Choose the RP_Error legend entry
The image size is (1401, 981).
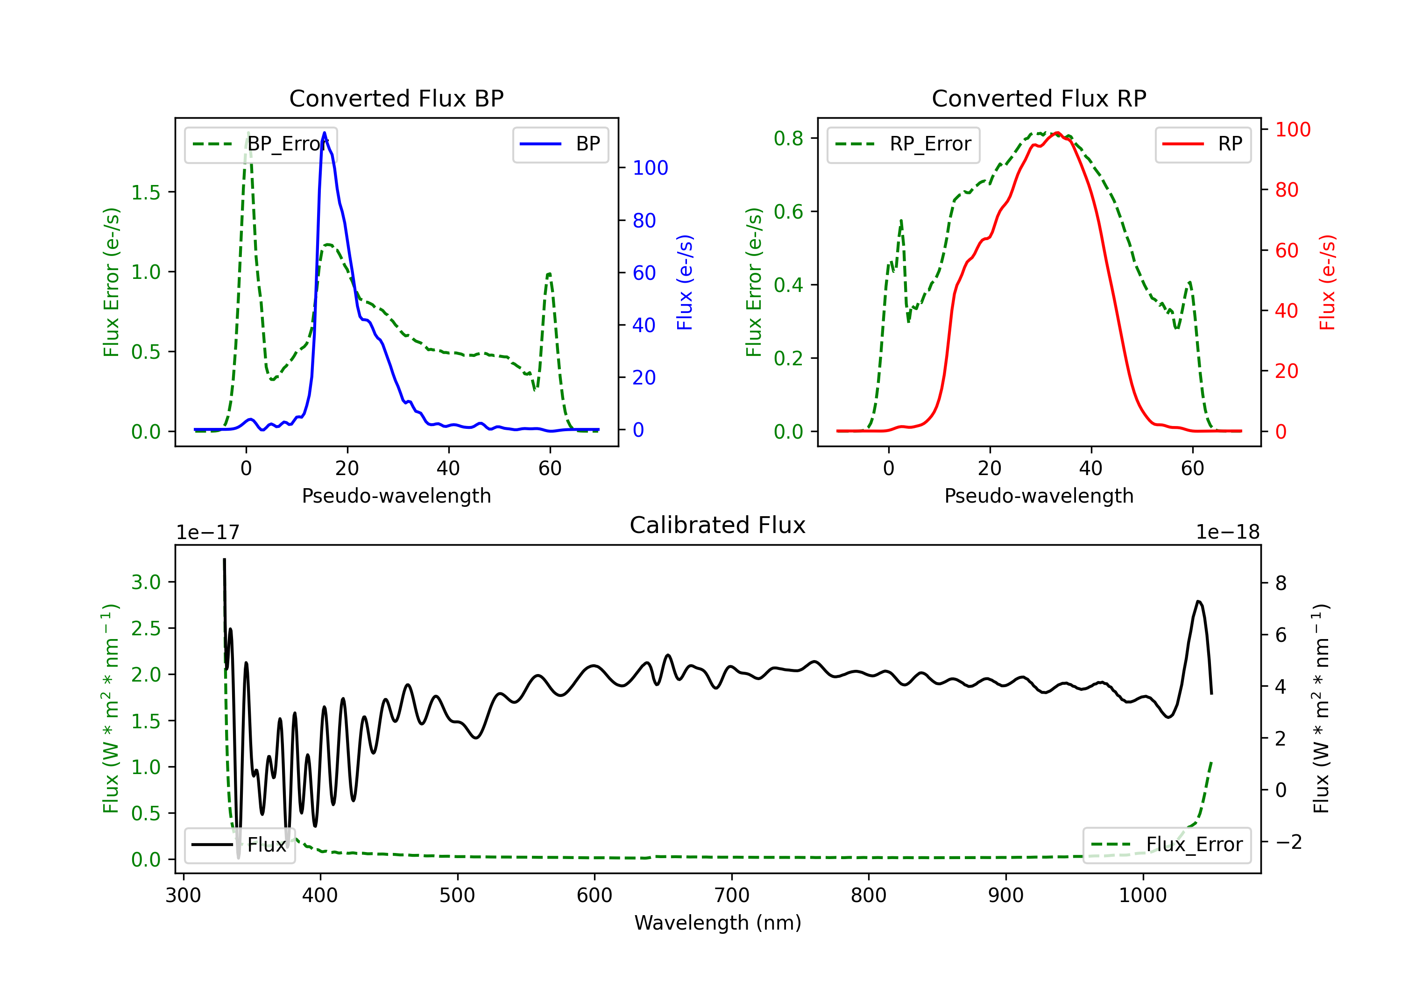(904, 144)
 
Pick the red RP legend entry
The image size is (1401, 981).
(1203, 144)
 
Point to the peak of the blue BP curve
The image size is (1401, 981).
(324, 133)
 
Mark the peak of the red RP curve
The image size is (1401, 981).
(1057, 133)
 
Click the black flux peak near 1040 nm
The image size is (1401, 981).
(1198, 601)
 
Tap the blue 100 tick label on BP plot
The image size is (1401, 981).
(650, 168)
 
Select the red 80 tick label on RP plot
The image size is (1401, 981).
(1286, 190)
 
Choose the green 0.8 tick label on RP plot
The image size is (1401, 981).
(788, 139)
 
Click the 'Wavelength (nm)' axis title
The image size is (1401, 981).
(718, 923)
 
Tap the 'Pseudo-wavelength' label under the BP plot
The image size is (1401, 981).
(396, 496)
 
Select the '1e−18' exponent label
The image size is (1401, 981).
(1227, 533)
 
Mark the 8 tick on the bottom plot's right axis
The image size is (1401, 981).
(1281, 583)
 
